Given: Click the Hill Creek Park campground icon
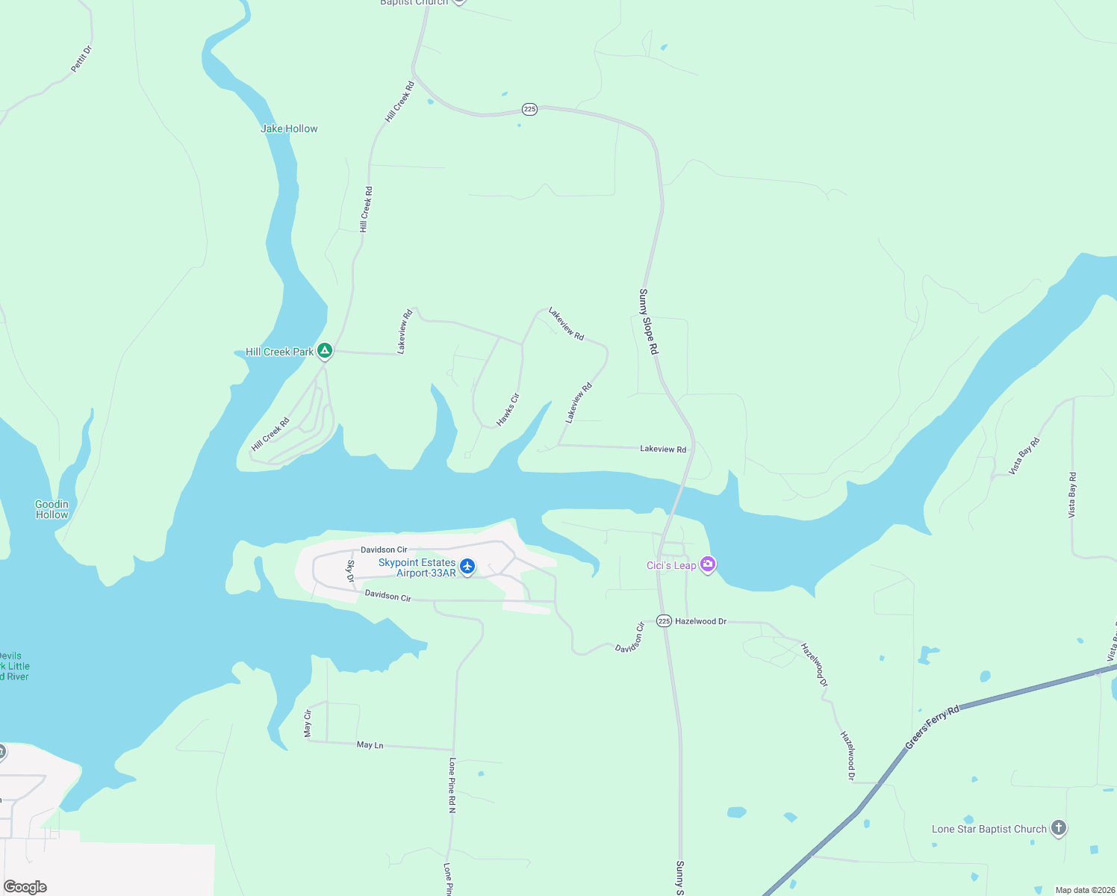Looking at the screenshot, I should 325,350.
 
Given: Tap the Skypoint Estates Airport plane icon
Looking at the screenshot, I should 467,567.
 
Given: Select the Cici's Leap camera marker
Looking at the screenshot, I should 708,564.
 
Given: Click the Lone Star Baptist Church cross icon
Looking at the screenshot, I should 1058,828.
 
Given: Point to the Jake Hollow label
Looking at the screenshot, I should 289,128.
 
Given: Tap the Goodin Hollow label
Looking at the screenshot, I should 52,509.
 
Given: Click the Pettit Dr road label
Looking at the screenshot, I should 81,59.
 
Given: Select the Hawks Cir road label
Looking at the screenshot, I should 508,410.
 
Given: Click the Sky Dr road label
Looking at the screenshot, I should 350,571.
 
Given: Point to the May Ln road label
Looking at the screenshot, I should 370,744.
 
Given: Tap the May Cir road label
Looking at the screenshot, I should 308,724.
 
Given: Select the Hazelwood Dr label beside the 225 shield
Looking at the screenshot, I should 700,621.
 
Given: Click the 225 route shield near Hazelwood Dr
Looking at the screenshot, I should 664,621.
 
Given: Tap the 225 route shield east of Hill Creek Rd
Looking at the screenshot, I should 529,109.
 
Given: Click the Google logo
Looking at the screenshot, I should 25,886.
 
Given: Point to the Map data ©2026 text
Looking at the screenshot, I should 1084,890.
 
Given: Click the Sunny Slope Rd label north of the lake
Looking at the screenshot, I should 648,322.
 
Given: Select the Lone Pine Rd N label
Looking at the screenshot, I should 452,785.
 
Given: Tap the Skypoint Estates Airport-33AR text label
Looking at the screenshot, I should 417,567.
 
